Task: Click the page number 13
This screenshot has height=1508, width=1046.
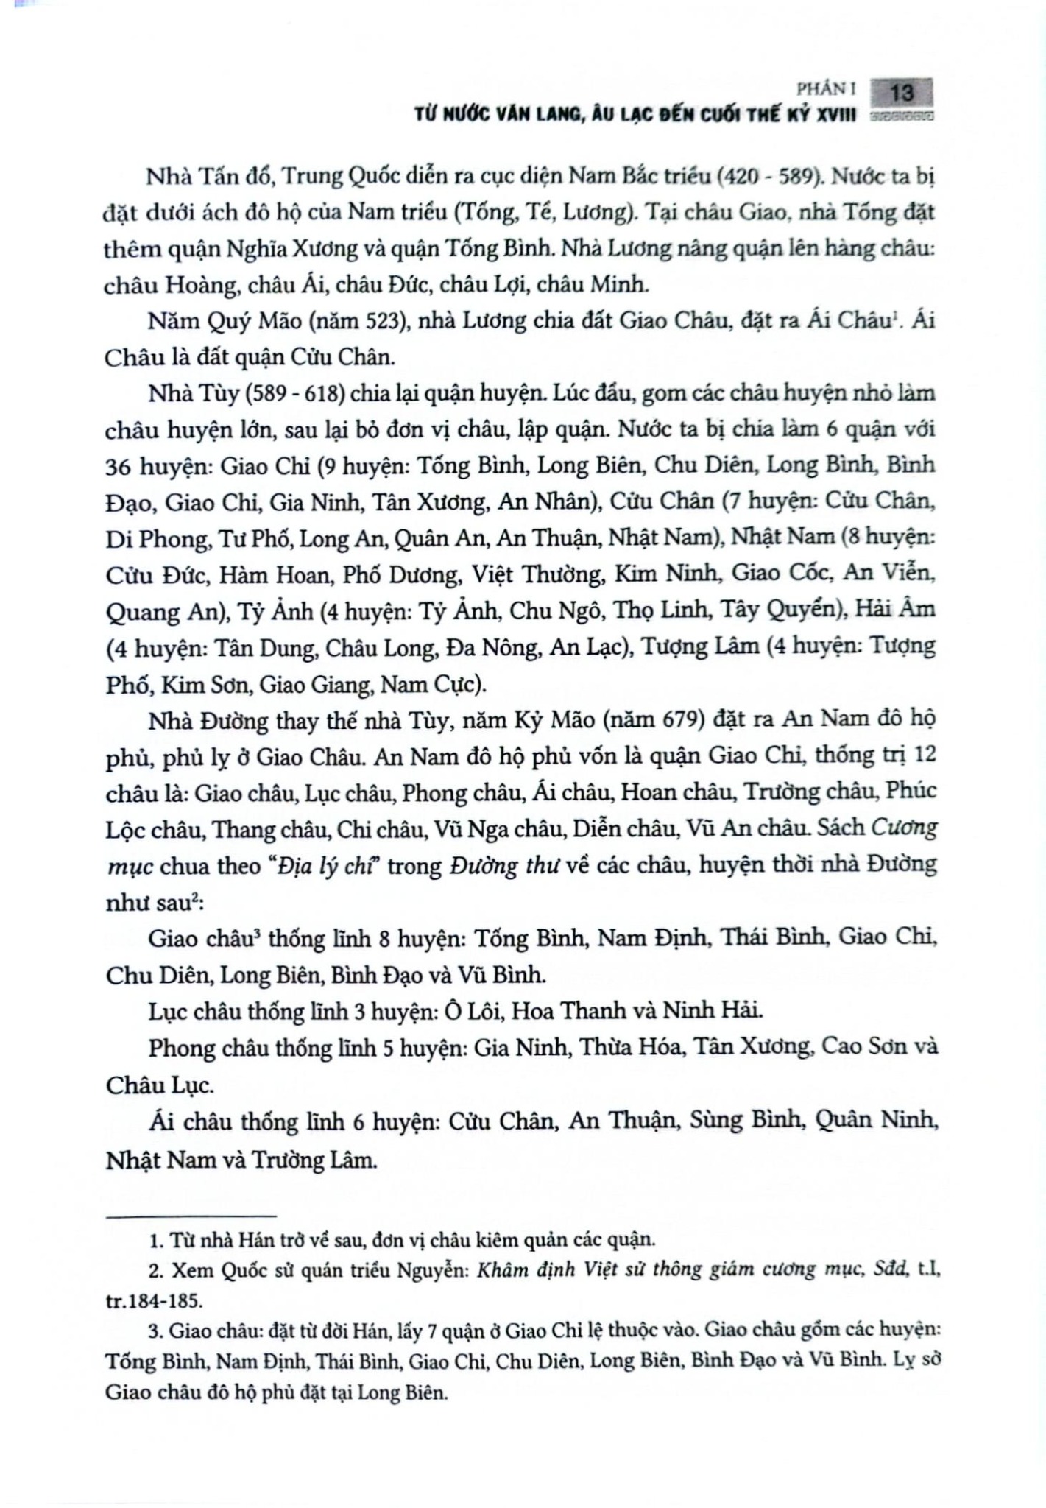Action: [902, 93]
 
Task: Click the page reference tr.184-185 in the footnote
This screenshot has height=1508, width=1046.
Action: [152, 1300]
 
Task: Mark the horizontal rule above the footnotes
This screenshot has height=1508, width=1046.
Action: [191, 1216]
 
